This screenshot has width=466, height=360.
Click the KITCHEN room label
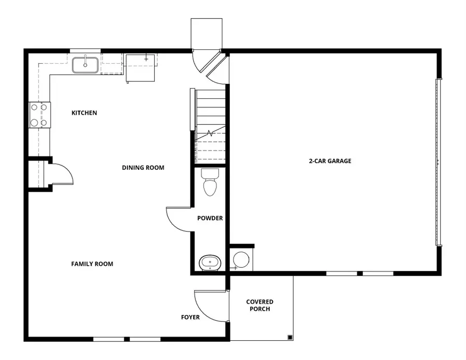click(x=84, y=113)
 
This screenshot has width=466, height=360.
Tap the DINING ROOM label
click(x=143, y=168)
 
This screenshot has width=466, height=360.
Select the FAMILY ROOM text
click(x=92, y=264)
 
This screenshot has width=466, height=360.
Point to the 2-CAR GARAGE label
click(x=330, y=161)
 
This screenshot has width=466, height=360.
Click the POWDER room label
click(x=210, y=219)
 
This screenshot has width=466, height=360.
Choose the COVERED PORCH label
click(x=259, y=306)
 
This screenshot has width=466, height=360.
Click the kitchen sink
click(x=85, y=65)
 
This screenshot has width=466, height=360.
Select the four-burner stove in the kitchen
click(x=39, y=115)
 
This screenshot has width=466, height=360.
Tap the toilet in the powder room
click(x=209, y=183)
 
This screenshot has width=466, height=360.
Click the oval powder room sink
click(x=210, y=262)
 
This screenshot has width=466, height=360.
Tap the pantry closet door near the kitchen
click(x=61, y=174)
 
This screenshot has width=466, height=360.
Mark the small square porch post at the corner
click(x=289, y=337)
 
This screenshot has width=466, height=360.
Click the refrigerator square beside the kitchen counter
click(x=140, y=67)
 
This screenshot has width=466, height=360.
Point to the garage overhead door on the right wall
click(x=439, y=162)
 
